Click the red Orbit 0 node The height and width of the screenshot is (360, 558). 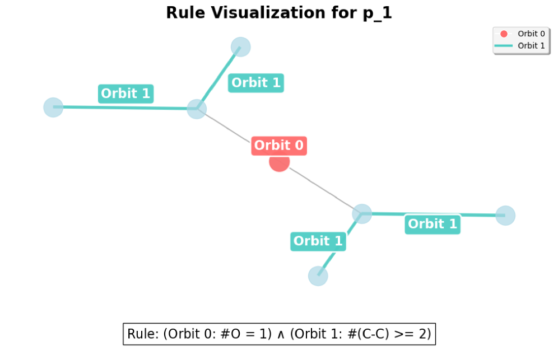pyautogui.click(x=279, y=162)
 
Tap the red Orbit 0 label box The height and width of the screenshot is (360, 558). pyautogui.click(x=279, y=146)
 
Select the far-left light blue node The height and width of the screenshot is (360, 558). pyautogui.click(x=53, y=107)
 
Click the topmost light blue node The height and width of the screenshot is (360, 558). pyautogui.click(x=240, y=46)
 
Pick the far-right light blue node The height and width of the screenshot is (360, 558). pyautogui.click(x=505, y=215)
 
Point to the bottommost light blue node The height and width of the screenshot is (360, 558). pyautogui.click(x=318, y=275)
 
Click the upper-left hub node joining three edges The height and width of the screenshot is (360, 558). pyautogui.click(x=197, y=109)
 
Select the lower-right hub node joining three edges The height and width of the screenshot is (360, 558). pyautogui.click(x=362, y=213)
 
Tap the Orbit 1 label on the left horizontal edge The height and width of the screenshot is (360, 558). pyautogui.click(x=126, y=93)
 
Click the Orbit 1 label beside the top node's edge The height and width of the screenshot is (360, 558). pyautogui.click(x=256, y=83)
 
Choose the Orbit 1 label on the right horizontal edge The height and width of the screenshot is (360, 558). pyautogui.click(x=433, y=224)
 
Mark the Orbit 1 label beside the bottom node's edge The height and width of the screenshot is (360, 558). pyautogui.click(x=318, y=241)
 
